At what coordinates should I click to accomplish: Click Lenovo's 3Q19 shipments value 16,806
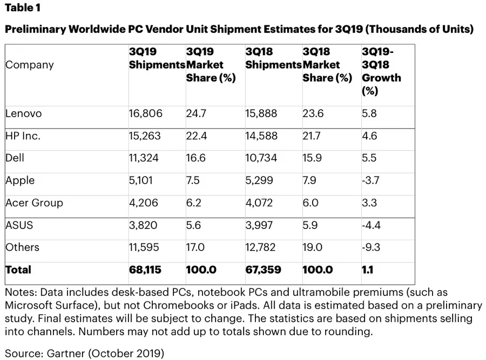click(x=145, y=114)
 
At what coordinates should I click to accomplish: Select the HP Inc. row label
click(x=23, y=136)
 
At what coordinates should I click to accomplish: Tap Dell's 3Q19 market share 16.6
click(x=197, y=159)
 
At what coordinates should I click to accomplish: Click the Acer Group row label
click(x=34, y=203)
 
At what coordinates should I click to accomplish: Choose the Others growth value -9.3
click(x=372, y=247)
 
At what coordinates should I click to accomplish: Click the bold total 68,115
click(x=145, y=269)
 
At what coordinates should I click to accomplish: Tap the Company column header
click(x=30, y=65)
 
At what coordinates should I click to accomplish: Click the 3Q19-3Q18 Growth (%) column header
click(x=381, y=71)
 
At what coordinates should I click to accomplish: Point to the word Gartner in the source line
click(x=60, y=353)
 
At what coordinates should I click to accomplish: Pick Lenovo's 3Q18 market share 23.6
click(x=313, y=114)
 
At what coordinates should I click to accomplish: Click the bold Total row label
click(x=18, y=269)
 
